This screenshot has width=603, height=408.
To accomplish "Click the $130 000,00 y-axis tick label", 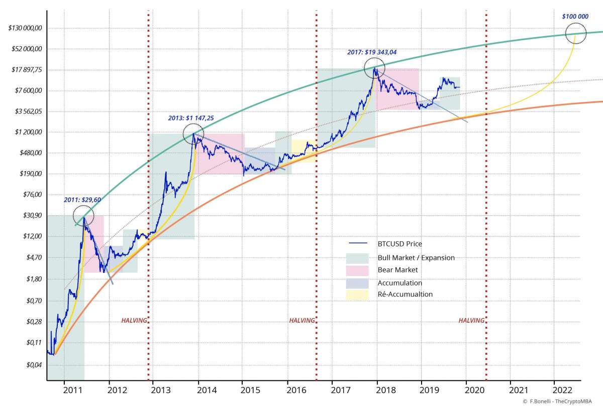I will (x=25, y=28).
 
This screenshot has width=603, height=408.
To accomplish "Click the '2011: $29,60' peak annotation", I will (x=82, y=200).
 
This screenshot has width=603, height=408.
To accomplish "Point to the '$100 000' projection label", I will (x=575, y=17).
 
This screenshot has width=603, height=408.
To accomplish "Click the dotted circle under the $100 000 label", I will (x=576, y=34).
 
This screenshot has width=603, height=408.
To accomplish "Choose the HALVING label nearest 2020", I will (x=471, y=320).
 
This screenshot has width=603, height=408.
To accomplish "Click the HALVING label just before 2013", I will (x=134, y=320).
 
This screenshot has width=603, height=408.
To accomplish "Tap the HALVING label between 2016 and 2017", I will (x=302, y=320).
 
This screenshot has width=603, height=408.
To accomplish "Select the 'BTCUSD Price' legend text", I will (x=399, y=244).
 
